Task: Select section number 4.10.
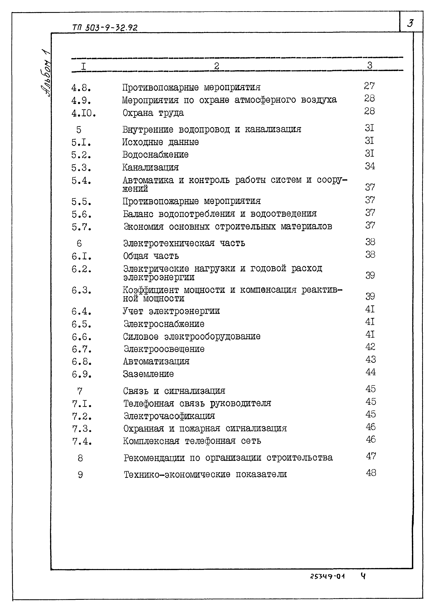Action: (x=83, y=114)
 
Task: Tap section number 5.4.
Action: (x=81, y=181)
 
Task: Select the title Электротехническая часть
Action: (x=184, y=243)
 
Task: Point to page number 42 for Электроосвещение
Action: (x=370, y=347)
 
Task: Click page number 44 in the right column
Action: (x=370, y=372)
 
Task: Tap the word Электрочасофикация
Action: (x=169, y=416)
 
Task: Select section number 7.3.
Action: (x=82, y=429)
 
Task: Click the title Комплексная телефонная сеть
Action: (x=192, y=441)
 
